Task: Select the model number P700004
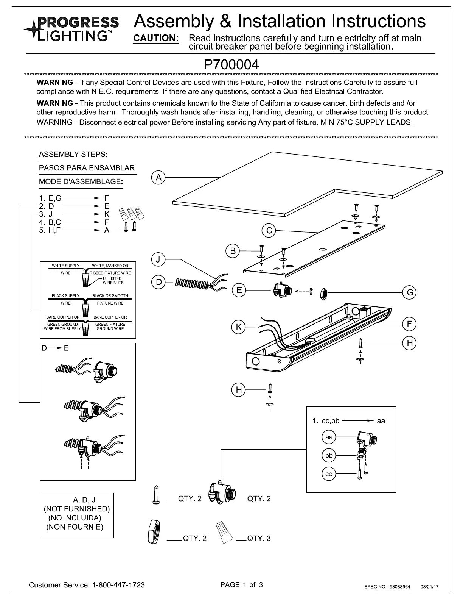[231, 64]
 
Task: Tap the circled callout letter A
[158, 177]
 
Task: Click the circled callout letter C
[269, 231]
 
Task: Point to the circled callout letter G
[410, 292]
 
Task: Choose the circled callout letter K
[239, 327]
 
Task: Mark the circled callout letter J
[158, 259]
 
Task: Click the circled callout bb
[329, 455]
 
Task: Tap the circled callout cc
[329, 474]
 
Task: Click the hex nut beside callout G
[324, 292]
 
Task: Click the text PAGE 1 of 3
[241, 584]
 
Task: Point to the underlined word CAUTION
[156, 39]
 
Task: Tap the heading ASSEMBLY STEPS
[73, 155]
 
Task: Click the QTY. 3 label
[259, 538]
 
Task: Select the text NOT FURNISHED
[77, 508]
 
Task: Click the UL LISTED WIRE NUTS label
[113, 281]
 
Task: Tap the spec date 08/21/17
[429, 587]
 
